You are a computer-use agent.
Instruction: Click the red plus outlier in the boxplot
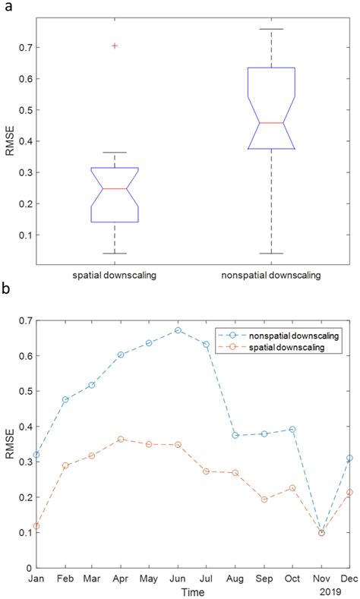pyautogui.click(x=115, y=46)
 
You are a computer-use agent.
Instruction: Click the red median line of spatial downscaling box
pyautogui.click(x=115, y=188)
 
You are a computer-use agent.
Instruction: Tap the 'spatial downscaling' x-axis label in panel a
pyautogui.click(x=115, y=275)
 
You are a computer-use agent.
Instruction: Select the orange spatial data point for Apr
pyautogui.click(x=121, y=440)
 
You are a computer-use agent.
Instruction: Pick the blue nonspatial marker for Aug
pyautogui.click(x=235, y=435)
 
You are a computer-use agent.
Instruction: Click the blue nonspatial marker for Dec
pyautogui.click(x=349, y=458)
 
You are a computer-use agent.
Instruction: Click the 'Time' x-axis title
pyautogui.click(x=192, y=591)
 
